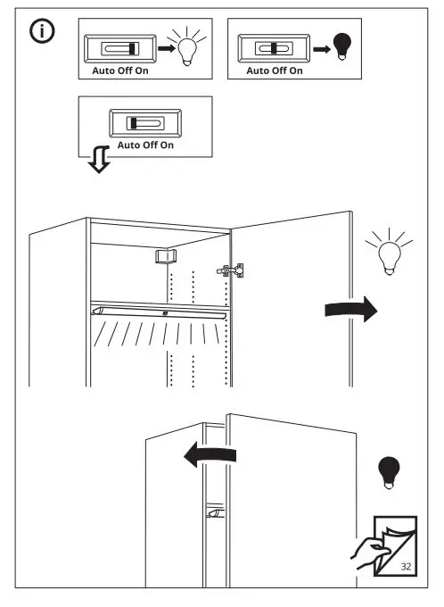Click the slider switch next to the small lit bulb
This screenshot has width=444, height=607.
coord(118,49)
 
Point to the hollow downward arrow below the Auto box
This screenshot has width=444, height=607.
coord(96,161)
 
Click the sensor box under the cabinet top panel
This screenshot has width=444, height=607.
coord(162,257)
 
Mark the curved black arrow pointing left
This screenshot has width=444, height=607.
coord(209,456)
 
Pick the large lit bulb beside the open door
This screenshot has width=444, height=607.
coord(386,253)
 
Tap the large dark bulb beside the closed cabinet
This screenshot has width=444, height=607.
coord(387,472)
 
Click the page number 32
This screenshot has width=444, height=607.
coord(407,566)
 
